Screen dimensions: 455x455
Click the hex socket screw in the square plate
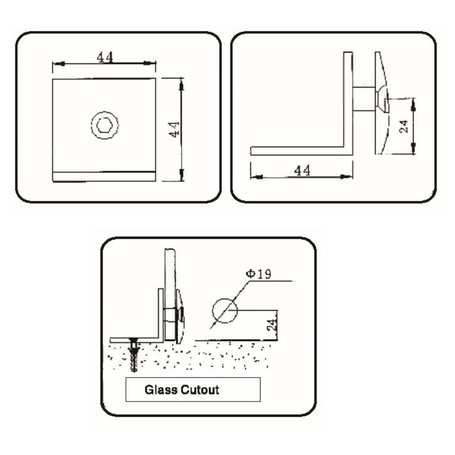click(105, 124)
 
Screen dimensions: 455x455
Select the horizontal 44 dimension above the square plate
click(105, 57)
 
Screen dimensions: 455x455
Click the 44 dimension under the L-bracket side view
click(301, 170)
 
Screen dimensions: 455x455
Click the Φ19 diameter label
click(258, 274)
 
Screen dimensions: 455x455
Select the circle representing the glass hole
click(224, 311)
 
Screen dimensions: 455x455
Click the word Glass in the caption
click(161, 391)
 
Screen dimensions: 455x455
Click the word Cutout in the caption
click(200, 391)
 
